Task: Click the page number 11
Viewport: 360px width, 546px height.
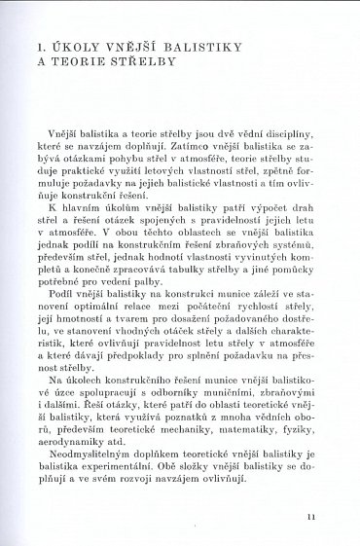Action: [310, 518]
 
